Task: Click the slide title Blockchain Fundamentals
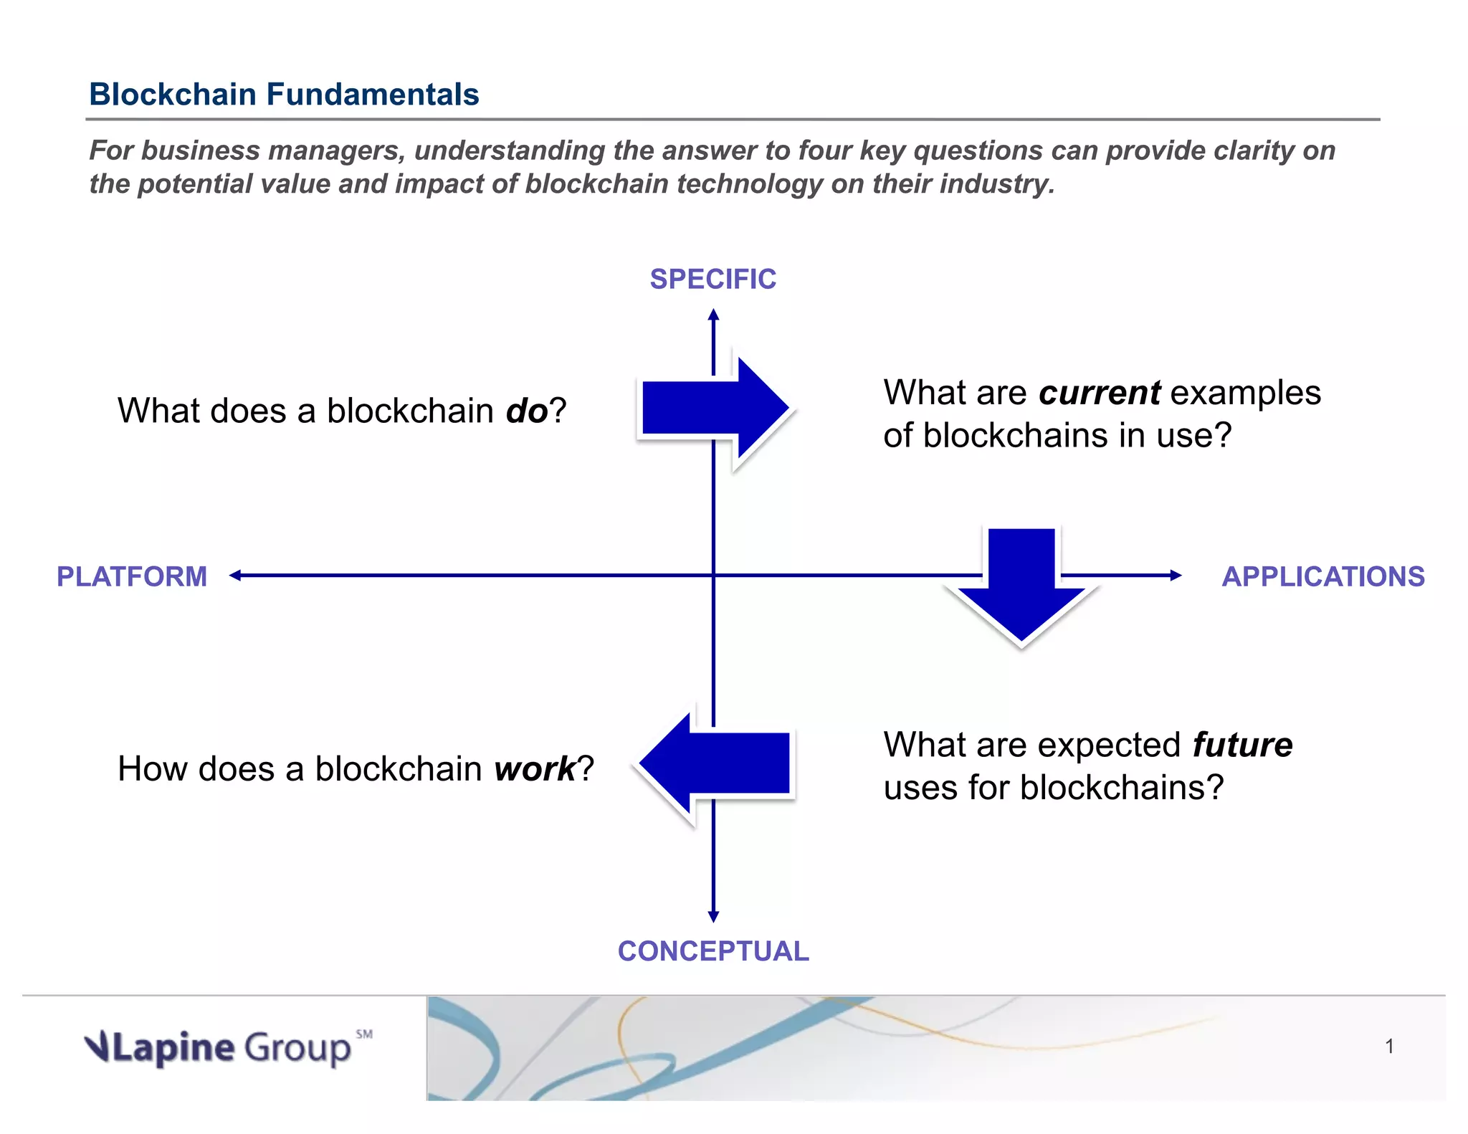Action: pyautogui.click(x=284, y=94)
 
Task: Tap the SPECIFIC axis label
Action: pyautogui.click(x=712, y=279)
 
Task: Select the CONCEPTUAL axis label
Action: pyautogui.click(x=713, y=951)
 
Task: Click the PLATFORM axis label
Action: pyautogui.click(x=132, y=576)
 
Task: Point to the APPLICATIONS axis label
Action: pyautogui.click(x=1322, y=576)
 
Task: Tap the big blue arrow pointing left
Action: pyautogui.click(x=715, y=764)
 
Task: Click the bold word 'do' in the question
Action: pyautogui.click(x=527, y=411)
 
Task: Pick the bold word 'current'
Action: pyautogui.click(x=1099, y=393)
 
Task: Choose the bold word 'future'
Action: pyautogui.click(x=1242, y=745)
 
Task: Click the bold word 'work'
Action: pyautogui.click(x=535, y=769)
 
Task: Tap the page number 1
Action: pyautogui.click(x=1389, y=1047)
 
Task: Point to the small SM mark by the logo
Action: pyautogui.click(x=364, y=1034)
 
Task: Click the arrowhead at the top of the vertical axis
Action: pyautogui.click(x=713, y=314)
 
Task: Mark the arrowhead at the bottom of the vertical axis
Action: pyautogui.click(x=713, y=917)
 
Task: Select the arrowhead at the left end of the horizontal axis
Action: pyautogui.click(x=234, y=575)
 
